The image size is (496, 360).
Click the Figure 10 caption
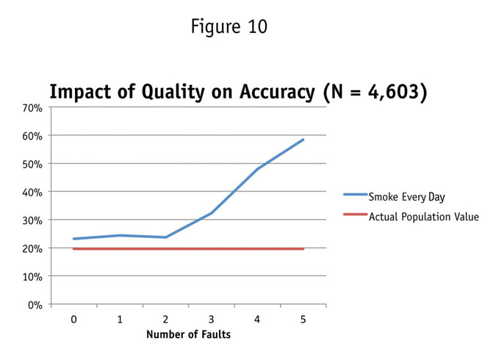229,27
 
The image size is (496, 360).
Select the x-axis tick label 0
73,320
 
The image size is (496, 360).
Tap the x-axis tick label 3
212,320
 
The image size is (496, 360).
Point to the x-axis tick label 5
303,320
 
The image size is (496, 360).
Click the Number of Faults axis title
188,335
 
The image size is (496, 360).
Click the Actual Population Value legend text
423,217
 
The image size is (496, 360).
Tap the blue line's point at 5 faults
303,139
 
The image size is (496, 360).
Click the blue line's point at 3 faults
212,213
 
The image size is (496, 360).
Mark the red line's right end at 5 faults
303,249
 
